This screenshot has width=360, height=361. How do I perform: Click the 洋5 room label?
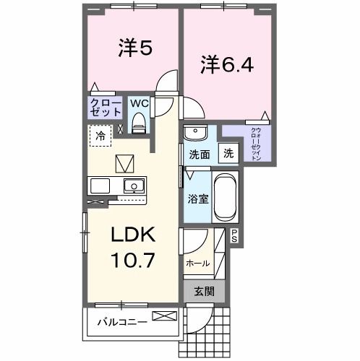(134, 48)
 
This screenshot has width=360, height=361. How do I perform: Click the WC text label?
(139, 103)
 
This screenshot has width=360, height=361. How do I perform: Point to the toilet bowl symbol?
(139, 123)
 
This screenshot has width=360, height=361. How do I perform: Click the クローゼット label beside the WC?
(106, 108)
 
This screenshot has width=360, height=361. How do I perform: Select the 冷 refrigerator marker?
(100, 135)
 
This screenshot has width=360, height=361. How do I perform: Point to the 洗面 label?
(200, 155)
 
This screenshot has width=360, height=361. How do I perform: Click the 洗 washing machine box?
(228, 153)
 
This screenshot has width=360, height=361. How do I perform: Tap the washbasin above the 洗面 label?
(195, 134)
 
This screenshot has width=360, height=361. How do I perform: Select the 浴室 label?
(199, 196)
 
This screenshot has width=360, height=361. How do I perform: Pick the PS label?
(235, 236)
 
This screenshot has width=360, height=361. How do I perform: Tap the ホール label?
(198, 264)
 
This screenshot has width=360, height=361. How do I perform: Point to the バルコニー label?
(123, 320)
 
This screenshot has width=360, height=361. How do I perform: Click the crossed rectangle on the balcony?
(164, 316)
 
